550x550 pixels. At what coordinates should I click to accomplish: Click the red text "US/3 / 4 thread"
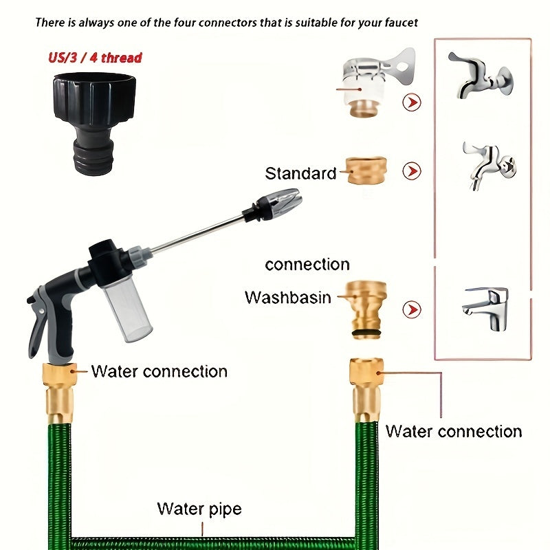[x=95, y=57]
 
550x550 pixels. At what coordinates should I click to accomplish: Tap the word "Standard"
[x=300, y=173]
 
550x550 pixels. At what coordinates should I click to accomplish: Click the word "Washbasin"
[x=287, y=298]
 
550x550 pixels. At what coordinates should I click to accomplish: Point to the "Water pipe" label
[x=199, y=509]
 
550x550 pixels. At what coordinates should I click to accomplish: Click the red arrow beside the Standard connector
[x=412, y=170]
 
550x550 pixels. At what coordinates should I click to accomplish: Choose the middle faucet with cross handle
[x=488, y=164]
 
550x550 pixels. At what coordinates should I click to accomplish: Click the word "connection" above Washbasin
[x=307, y=265]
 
